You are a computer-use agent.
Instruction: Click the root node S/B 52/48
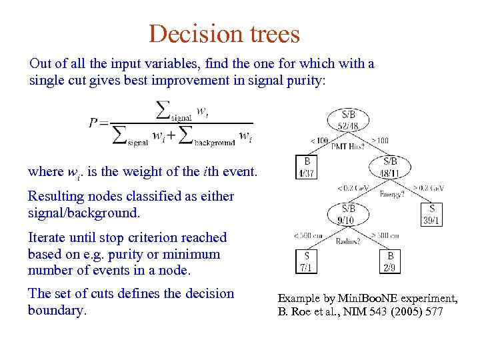pos(348,119)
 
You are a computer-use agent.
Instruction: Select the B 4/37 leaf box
pos(306,167)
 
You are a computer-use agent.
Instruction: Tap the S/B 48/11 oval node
pos(389,167)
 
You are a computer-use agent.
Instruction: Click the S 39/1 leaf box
pos(431,213)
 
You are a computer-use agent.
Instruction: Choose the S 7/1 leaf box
pos(306,261)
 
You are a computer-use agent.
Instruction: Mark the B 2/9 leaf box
pos(390,261)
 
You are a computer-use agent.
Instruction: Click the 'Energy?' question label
pos(391,195)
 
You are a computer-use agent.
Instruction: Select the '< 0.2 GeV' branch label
pos(353,188)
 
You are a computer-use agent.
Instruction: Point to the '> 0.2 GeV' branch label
pos(429,188)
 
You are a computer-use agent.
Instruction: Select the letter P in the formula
pos(94,123)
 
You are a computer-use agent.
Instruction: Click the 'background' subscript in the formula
pos(215,143)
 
